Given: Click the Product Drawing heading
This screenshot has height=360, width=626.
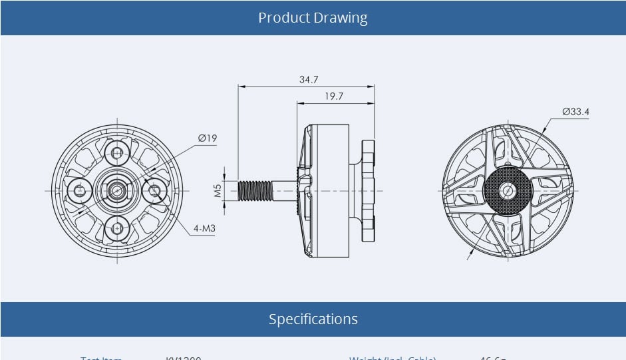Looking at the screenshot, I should tap(313, 17).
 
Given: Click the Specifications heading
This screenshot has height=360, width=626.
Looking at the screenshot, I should tap(313, 319).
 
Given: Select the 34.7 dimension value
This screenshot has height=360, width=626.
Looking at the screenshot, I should tap(308, 79).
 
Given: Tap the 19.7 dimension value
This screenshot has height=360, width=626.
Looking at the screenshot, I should tap(334, 96).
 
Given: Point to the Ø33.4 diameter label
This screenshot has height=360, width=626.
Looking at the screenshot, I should tap(575, 112).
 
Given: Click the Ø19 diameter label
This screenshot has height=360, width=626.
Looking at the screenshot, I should tap(208, 138).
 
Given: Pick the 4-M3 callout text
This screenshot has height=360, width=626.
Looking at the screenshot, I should tap(204, 228).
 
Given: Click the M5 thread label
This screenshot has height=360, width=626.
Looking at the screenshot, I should tap(218, 191).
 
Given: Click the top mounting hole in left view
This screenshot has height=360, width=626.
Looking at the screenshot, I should tap(118, 154).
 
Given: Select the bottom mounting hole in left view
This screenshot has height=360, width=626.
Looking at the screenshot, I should tap(118, 229).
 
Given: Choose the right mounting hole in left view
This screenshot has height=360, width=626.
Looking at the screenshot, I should tap(155, 191).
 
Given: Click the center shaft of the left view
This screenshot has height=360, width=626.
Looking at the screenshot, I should tap(118, 191).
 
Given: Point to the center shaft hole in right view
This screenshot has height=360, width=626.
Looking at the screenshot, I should tap(508, 191).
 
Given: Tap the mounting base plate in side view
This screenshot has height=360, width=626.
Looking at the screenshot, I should tap(368, 191).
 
